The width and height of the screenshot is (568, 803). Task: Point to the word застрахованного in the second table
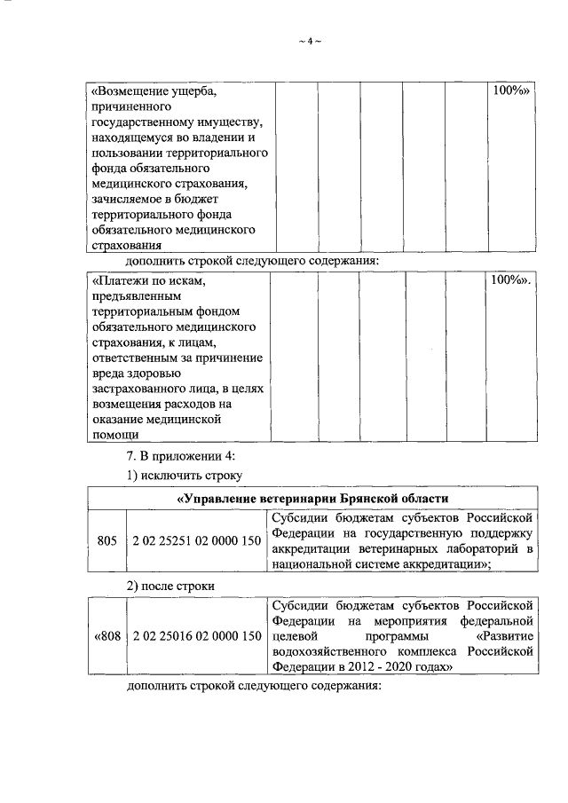137,389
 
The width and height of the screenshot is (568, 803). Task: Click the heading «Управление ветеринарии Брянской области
312,498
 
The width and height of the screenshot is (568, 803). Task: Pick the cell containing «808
106,636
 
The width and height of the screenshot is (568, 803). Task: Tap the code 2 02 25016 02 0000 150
196,636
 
